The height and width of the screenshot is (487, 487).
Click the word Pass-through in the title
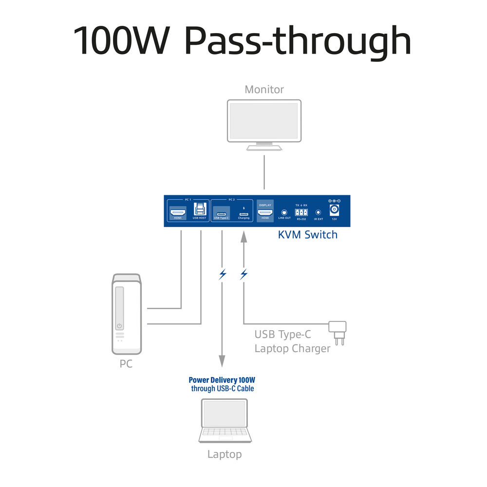coord(298,41)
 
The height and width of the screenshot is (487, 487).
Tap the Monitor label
coord(264,90)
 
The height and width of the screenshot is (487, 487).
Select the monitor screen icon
coord(264,121)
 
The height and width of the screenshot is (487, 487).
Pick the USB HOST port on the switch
coord(199,210)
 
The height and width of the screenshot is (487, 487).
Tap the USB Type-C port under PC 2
coord(221,213)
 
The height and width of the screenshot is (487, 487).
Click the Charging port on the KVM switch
coord(243,213)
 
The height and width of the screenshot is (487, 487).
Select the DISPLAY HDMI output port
coord(265,213)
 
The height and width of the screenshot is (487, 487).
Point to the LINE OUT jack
coord(284,213)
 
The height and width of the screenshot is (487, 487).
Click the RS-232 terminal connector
coord(301,212)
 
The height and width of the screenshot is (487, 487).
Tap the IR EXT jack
coord(318,212)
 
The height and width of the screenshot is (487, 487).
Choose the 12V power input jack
coord(334,210)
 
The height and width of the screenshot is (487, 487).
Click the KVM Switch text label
coord(307,235)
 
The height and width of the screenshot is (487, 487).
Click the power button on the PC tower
coord(119,326)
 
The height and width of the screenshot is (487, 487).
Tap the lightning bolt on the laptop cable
coord(223,274)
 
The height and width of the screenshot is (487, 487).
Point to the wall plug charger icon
coord(338,330)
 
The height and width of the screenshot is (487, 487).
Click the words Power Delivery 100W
coord(222,380)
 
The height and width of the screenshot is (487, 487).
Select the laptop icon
coord(225,421)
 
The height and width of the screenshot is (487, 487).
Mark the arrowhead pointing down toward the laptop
coord(222,361)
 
